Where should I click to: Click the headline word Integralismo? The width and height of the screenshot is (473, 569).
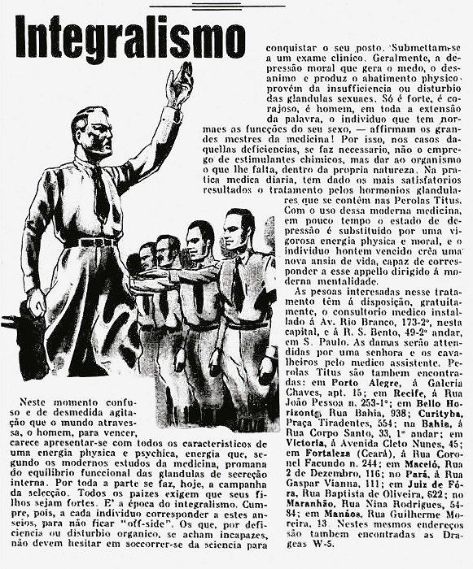click(x=129, y=37)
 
